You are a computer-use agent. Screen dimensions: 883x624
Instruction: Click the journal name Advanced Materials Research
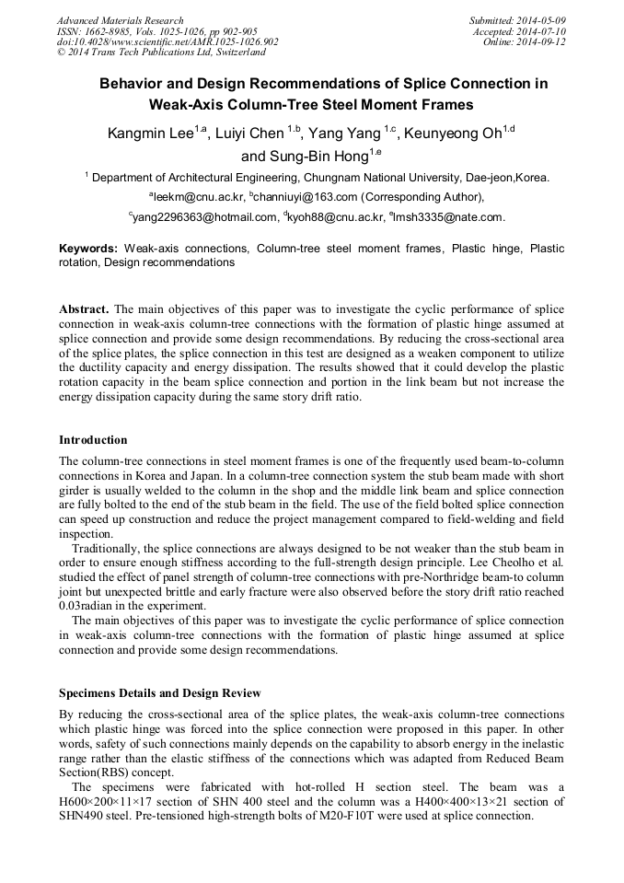(120, 20)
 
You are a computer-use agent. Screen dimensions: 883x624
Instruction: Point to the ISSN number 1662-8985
(111, 31)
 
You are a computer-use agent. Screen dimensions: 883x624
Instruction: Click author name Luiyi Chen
(248, 134)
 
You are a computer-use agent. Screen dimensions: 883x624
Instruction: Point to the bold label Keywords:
(88, 249)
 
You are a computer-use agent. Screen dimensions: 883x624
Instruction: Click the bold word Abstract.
(84, 309)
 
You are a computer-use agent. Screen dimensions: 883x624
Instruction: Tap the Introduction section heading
(93, 440)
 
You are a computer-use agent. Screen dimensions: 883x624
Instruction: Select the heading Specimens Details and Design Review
(159, 692)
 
